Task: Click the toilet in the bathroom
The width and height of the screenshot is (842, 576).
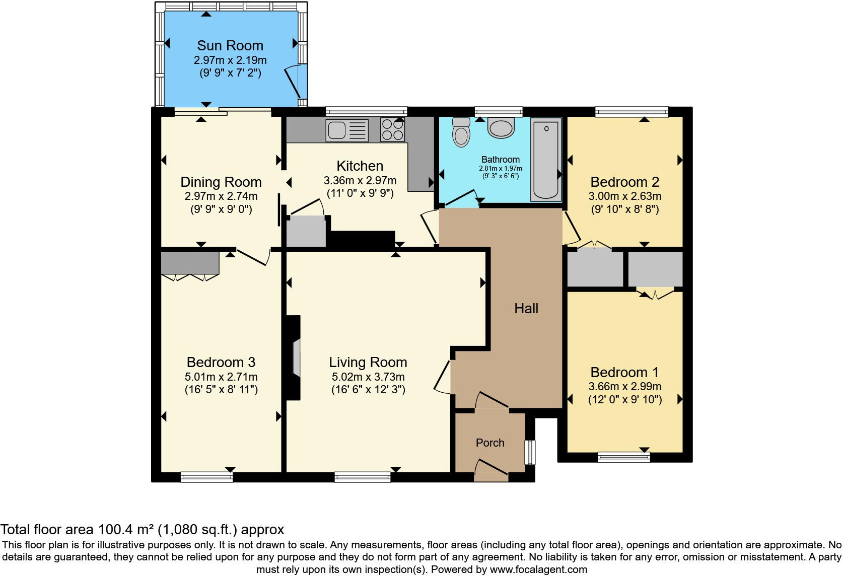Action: pos(461,132)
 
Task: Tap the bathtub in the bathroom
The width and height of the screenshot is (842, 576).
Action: pos(546,159)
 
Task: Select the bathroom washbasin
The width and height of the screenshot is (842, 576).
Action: pos(501,128)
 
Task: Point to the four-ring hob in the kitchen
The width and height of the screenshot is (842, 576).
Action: pos(392,129)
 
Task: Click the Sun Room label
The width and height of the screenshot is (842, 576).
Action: pos(230,45)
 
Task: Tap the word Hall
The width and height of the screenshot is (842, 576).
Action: pos(526,309)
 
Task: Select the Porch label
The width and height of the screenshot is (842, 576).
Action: pos(490,443)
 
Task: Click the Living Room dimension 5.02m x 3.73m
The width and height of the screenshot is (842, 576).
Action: pos(368,377)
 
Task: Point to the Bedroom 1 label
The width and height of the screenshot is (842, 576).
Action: pos(624,373)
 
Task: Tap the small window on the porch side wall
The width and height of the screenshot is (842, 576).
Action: pos(530,452)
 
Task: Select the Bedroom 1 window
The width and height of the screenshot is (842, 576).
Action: pos(624,457)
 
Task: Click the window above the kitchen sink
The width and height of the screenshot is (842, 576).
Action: pos(367,112)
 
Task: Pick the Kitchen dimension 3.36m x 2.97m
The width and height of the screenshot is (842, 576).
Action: pos(360,181)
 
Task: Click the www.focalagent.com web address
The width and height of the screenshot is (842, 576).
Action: pos(538,569)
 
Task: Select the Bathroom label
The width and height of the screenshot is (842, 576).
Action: pos(500,160)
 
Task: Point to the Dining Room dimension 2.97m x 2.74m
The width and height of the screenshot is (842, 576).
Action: pos(221,196)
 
